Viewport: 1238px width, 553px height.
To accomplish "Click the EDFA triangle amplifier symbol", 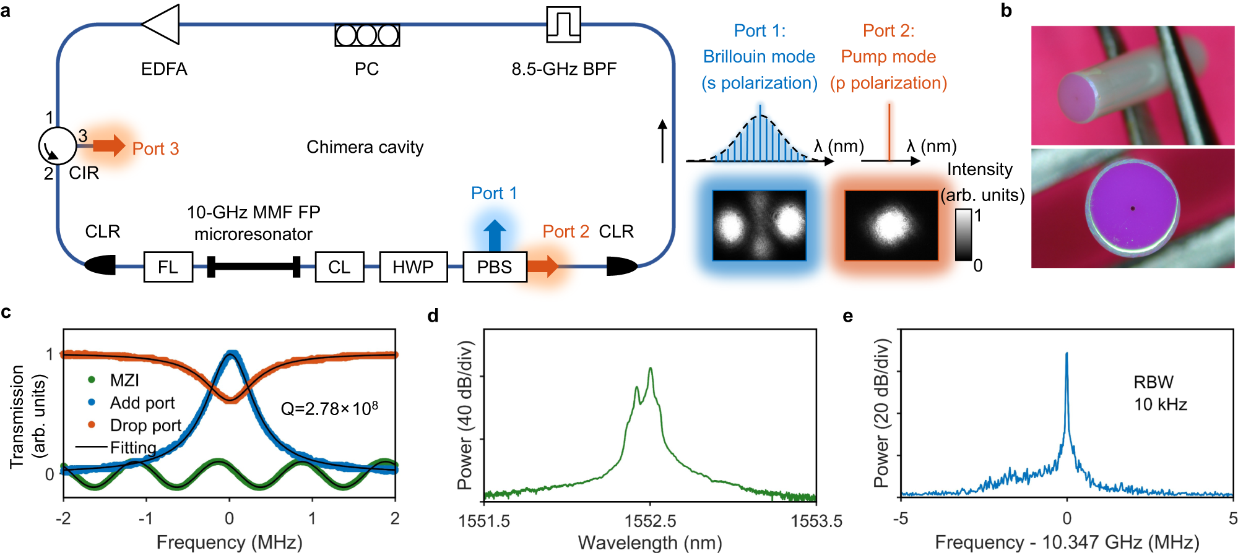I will (163, 25).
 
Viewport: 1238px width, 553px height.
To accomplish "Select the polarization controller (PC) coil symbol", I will (367, 35).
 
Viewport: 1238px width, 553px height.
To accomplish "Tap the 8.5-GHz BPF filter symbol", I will (563, 25).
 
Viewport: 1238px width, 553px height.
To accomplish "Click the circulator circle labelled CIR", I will (58, 146).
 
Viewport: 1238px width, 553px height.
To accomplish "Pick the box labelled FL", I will (168, 267).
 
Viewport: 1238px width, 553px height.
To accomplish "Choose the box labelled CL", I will (339, 267).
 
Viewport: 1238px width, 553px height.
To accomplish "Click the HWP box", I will (413, 267).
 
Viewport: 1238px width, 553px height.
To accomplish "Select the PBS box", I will (495, 267).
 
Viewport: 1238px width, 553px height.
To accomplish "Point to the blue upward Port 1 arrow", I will (495, 235).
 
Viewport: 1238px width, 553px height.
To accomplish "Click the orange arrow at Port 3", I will (109, 146).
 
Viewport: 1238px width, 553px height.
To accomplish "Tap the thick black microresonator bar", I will (254, 267).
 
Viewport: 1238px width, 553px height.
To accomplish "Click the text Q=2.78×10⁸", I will (329, 409).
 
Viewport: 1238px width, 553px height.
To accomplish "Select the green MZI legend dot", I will (92, 380).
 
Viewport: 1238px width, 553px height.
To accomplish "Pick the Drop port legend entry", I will (145, 426).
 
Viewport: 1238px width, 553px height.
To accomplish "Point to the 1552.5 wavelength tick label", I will (650, 521).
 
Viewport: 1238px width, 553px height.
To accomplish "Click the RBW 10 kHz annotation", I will (1159, 393).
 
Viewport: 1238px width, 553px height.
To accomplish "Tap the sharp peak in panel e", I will (1067, 355).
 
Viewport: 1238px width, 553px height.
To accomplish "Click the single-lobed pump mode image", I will (891, 225).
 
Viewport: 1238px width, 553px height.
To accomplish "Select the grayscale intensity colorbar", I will (963, 234).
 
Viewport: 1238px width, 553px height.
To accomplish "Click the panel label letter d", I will (433, 316).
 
